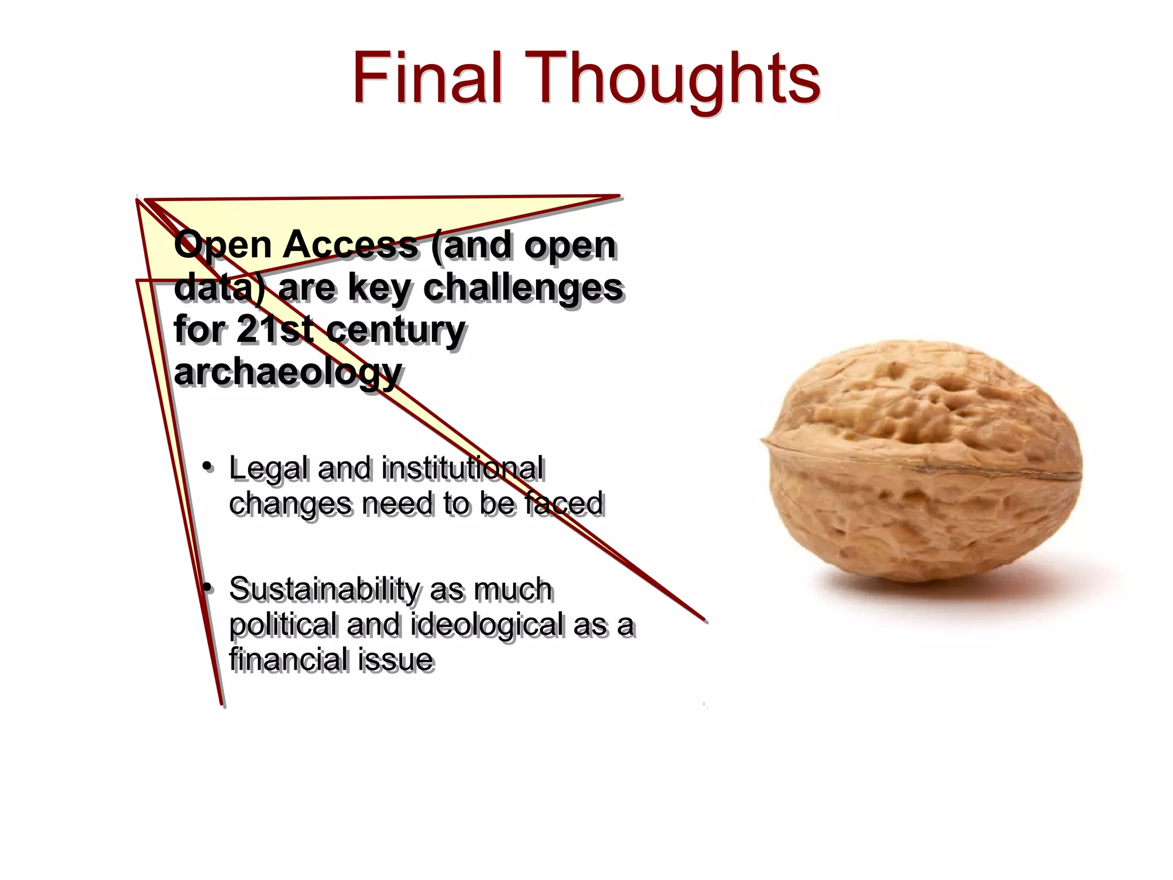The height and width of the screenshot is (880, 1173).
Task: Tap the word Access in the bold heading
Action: pyautogui.click(x=350, y=245)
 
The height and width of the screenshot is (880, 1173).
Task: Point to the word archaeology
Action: pyautogui.click(x=288, y=372)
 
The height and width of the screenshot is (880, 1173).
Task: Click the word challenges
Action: pyautogui.click(x=522, y=287)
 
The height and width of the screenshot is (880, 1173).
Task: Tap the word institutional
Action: pyautogui.click(x=463, y=468)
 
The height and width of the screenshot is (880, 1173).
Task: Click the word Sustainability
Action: pyautogui.click(x=325, y=590)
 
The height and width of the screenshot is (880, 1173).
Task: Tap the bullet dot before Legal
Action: pyautogui.click(x=208, y=466)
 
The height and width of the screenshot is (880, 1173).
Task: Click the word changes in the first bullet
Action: pyautogui.click(x=290, y=504)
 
